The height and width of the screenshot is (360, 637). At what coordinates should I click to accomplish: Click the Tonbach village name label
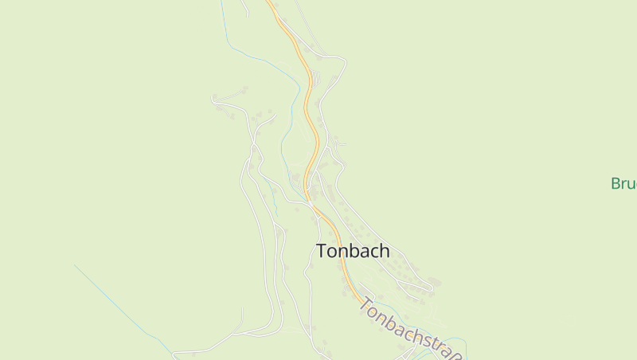[x=353, y=251]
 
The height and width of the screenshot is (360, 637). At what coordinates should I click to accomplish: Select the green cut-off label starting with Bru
[x=623, y=184]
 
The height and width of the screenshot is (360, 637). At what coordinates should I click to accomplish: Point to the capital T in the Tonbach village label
[x=322, y=251]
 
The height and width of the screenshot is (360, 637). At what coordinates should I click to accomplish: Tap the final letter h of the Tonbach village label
[x=384, y=251]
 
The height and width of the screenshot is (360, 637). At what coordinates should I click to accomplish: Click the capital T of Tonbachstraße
[x=366, y=304]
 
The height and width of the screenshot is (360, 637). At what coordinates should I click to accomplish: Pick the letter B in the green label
[x=616, y=184]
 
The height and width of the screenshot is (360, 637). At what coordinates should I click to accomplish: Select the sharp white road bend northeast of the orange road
[x=345, y=60]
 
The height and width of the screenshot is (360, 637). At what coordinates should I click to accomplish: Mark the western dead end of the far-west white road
[x=213, y=98]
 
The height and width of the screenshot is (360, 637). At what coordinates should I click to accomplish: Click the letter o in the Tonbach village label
[x=334, y=252]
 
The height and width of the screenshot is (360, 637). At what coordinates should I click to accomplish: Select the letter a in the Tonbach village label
[x=365, y=252]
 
